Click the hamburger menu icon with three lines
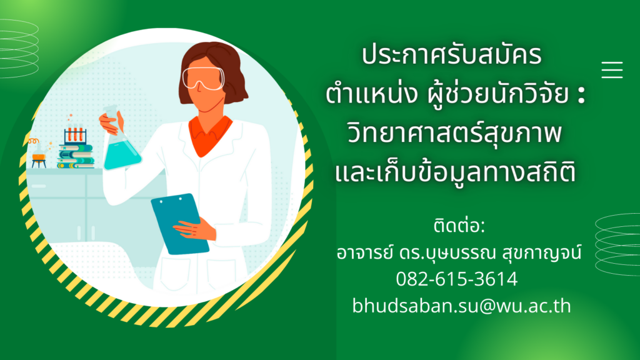coord(612,69)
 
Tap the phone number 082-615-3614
coord(457,279)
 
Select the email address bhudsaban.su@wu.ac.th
coord(462,306)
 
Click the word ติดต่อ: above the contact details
coord(459,226)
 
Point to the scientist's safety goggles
coord(203,77)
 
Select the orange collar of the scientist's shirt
coord(210,135)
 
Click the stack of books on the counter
coord(76,156)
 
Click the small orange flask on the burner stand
coord(38,155)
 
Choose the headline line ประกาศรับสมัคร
coord(451,55)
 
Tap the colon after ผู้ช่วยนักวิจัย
coord(582,95)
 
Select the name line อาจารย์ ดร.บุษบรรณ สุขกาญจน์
coord(459,252)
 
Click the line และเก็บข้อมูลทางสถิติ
coord(456,171)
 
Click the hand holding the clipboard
coord(195,229)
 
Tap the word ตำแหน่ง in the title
coord(371,94)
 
